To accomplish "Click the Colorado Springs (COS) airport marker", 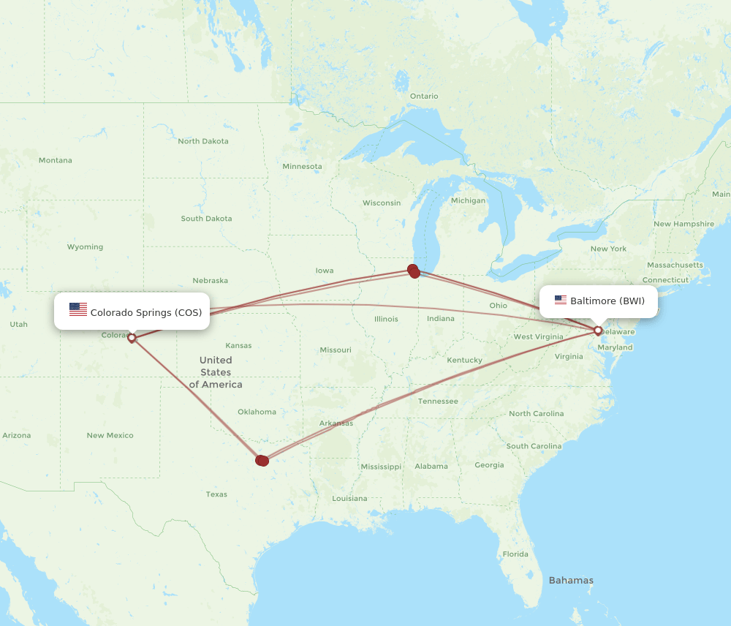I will [x=132, y=338].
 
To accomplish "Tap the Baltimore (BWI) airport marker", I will [x=598, y=331].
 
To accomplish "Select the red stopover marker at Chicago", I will [x=414, y=271].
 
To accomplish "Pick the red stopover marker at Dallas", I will [x=262, y=460].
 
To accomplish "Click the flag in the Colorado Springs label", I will [x=78, y=309].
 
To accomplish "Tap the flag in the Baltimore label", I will [x=561, y=300].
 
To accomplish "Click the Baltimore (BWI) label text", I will [x=607, y=301].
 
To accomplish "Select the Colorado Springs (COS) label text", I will [x=146, y=312].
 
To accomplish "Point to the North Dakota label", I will [x=203, y=141].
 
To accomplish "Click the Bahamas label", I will [x=571, y=581].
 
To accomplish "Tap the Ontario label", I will [x=424, y=97].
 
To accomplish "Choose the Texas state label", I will [x=216, y=494].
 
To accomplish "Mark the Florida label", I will [x=515, y=554].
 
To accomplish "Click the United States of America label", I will [x=216, y=372].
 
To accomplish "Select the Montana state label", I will [x=56, y=160].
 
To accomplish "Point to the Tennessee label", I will [x=438, y=401].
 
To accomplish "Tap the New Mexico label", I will [x=110, y=435].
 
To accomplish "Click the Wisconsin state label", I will [x=382, y=203].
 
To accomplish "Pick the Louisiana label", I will [x=349, y=499].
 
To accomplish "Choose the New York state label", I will [x=609, y=249].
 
